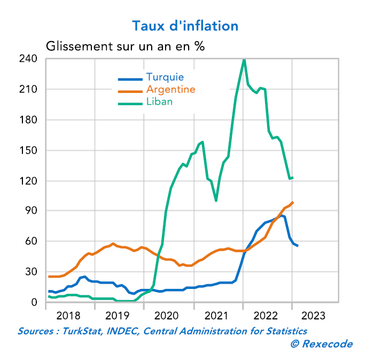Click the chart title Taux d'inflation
185,26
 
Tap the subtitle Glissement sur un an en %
126,46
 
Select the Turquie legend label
165,77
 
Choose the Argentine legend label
170,89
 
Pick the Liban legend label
159,101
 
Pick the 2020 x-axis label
169,316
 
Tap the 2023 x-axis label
317,316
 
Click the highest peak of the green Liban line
244,60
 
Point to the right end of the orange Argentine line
293,202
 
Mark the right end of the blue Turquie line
298,246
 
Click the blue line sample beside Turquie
130,79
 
